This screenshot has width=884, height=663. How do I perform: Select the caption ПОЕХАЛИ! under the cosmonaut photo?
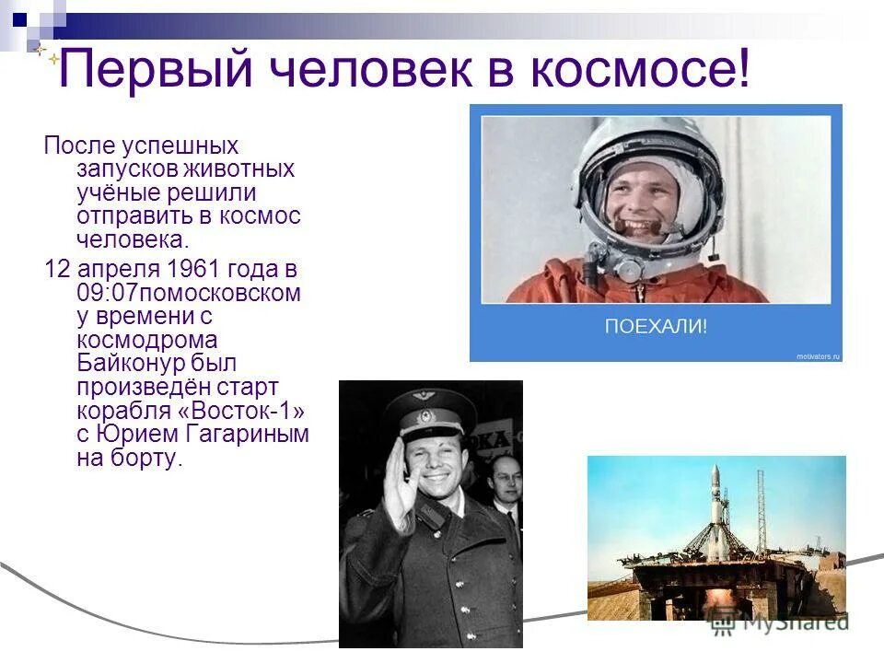click(x=656, y=326)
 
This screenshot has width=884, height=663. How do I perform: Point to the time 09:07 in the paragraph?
click(x=103, y=294)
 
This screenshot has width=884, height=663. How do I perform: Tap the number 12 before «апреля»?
click(x=56, y=270)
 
